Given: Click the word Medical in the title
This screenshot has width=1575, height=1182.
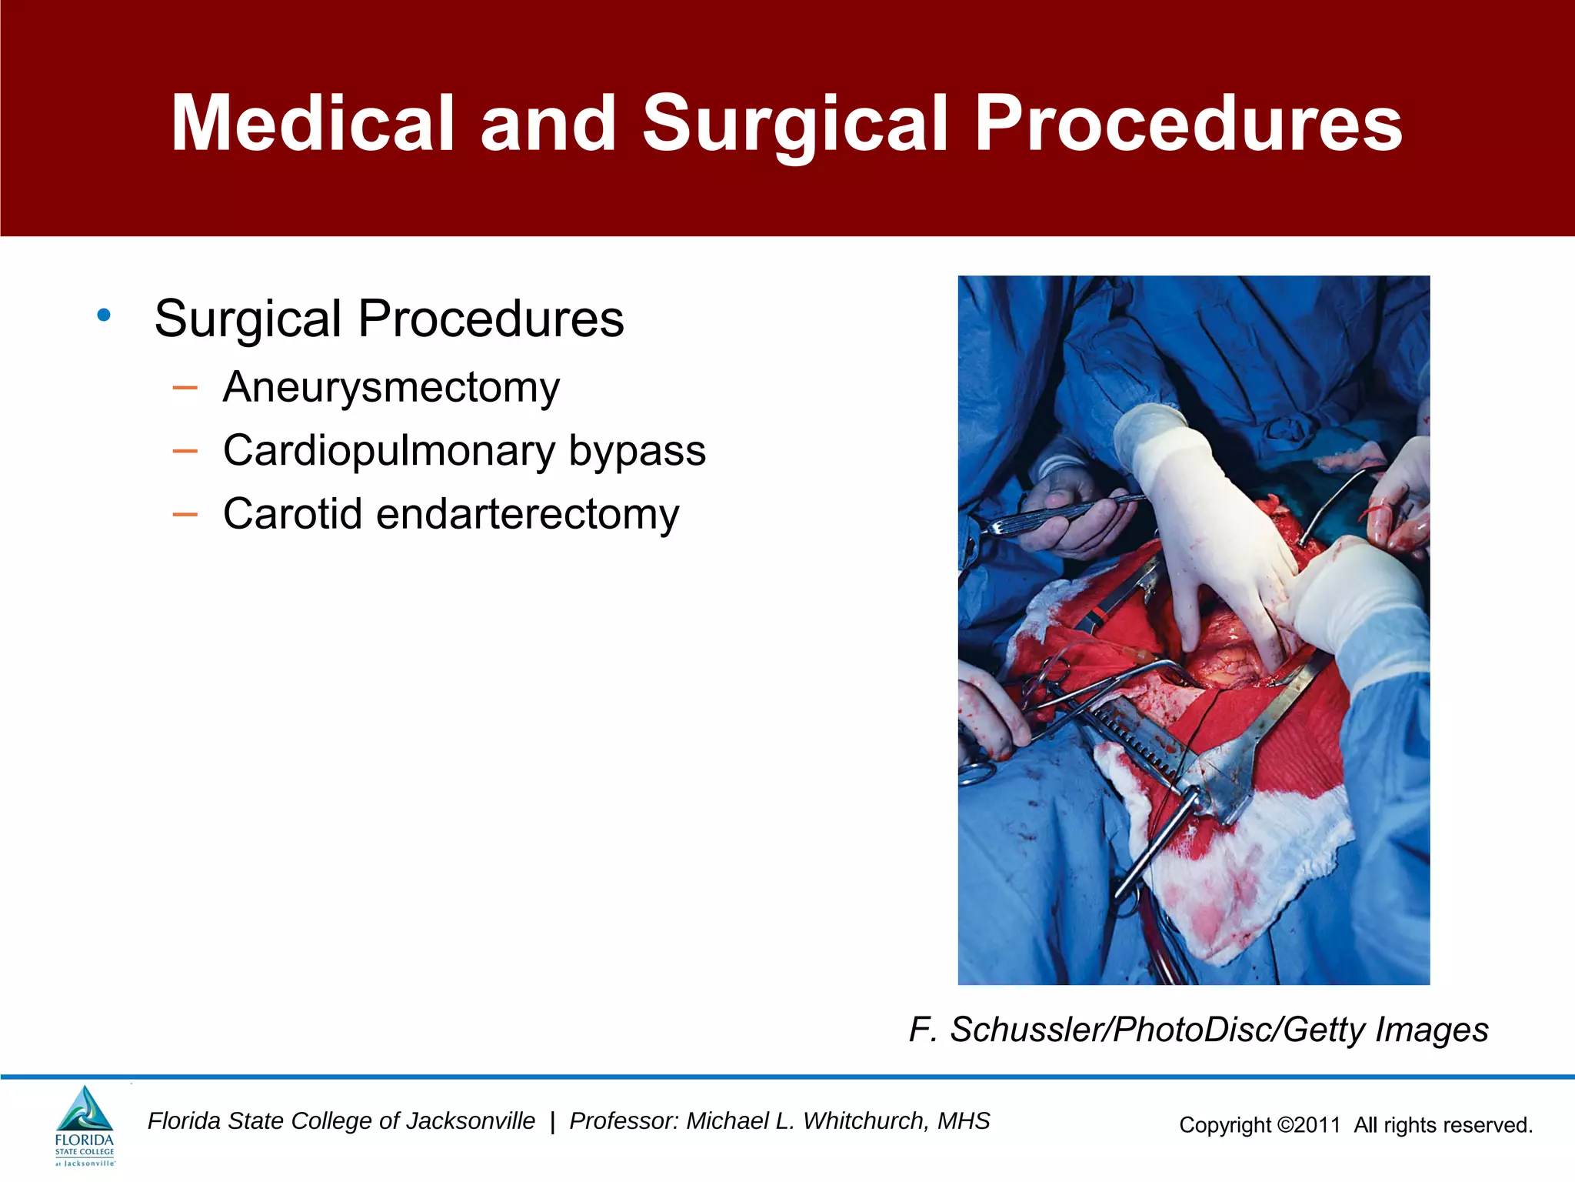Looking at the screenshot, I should point(312,123).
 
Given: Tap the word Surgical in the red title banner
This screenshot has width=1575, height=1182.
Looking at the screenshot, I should point(795,123).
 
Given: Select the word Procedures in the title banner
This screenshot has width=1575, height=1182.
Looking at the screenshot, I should point(1188,123).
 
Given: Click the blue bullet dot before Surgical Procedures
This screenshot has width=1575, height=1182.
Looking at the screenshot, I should point(104,315).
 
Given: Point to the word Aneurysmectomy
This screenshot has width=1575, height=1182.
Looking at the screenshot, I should point(391,387).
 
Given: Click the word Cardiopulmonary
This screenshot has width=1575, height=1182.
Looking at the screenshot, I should point(389,451).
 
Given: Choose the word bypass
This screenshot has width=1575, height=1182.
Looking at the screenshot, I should point(637,451).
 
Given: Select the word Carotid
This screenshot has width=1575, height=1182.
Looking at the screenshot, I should point(292,513).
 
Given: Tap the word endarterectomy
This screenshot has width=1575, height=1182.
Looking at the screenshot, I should point(528,513).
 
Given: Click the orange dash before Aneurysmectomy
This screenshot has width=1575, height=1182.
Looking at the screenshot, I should point(185,387).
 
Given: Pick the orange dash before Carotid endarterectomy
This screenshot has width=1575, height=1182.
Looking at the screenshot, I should point(185,513).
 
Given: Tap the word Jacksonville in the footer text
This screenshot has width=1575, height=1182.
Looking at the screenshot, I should point(470,1121).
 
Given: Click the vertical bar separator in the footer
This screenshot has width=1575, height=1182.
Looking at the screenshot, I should point(552,1122).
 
